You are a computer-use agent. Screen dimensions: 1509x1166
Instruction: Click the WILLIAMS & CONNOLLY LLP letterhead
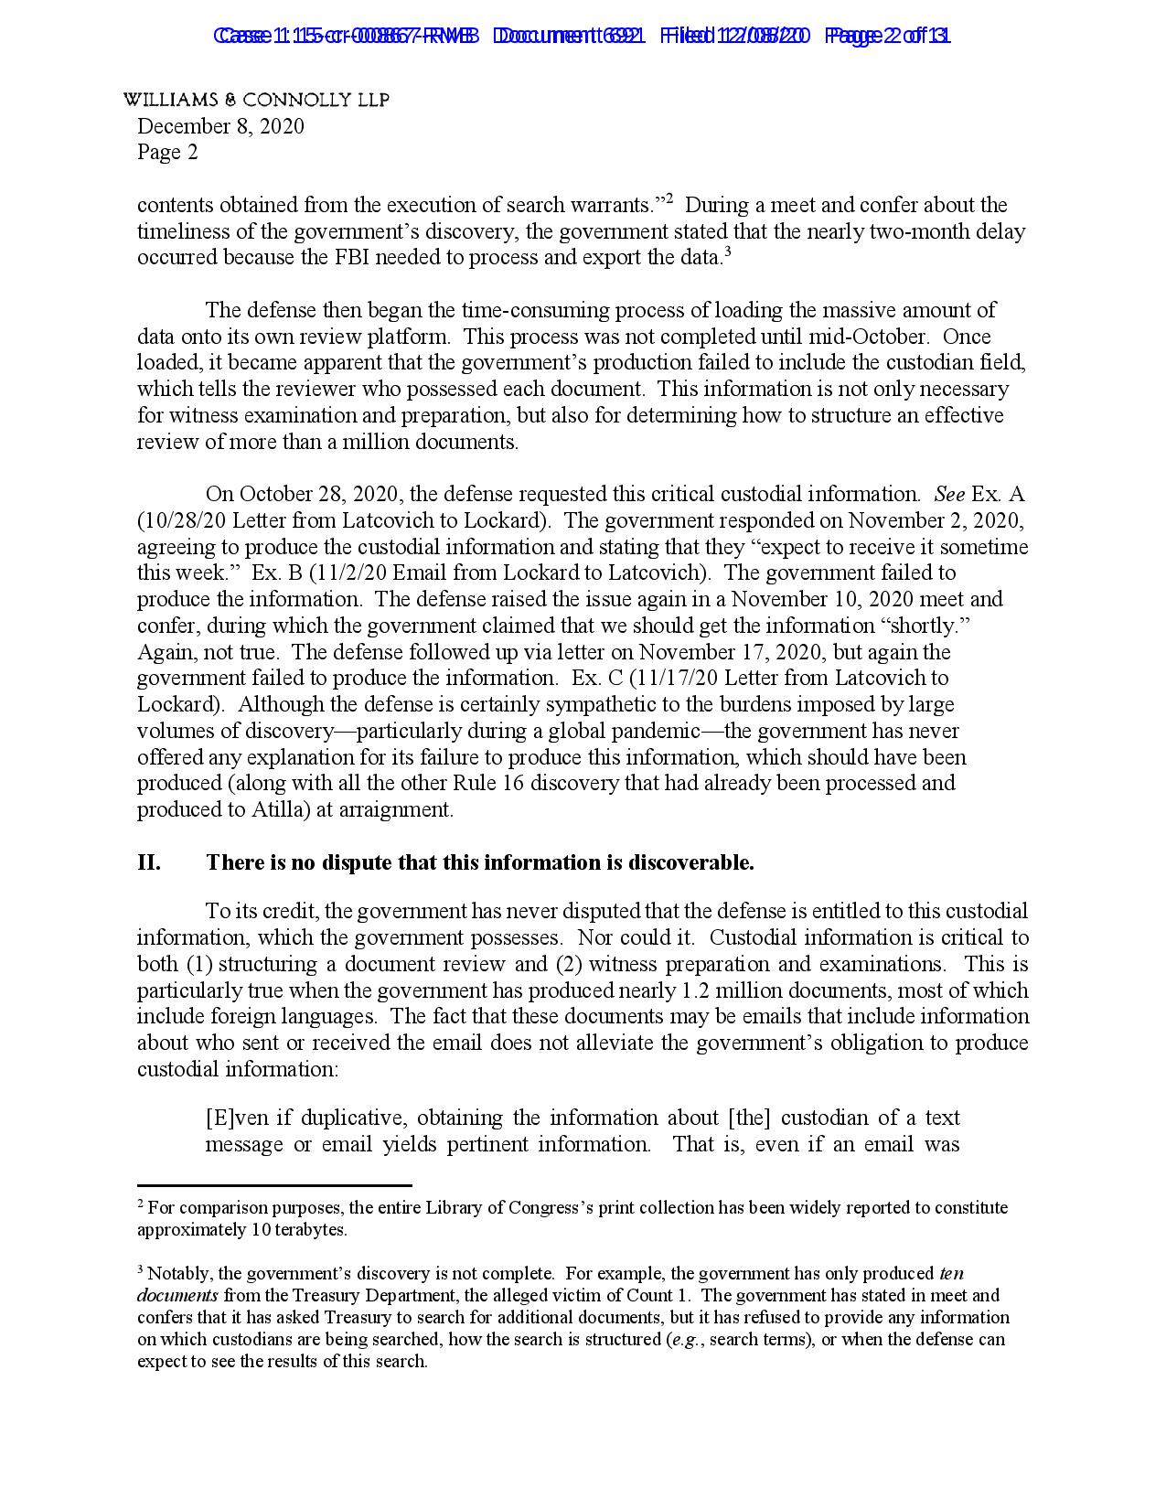tap(256, 101)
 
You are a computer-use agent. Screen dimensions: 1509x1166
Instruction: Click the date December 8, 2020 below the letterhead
tap(220, 126)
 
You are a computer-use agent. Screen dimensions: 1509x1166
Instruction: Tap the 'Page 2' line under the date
tap(167, 152)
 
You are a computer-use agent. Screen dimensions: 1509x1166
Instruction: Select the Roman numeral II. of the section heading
tap(149, 862)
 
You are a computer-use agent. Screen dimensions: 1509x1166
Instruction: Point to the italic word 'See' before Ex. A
tap(949, 495)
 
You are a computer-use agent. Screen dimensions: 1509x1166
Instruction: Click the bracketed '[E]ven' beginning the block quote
tap(239, 1118)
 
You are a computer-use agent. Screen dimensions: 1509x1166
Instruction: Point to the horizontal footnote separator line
tap(274, 1185)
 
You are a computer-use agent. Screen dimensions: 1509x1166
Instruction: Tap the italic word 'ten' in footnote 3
tap(951, 1274)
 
